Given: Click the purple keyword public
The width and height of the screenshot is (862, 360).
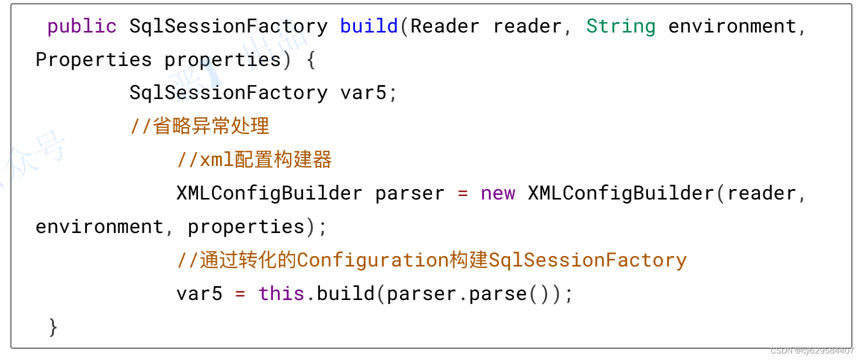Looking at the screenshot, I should (82, 26).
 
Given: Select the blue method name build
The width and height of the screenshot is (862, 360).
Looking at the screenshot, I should (368, 26).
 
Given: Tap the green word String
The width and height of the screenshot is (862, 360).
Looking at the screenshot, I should (620, 26).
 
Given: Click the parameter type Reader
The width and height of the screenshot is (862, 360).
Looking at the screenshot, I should (444, 26).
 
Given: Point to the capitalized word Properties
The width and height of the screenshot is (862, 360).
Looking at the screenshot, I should (93, 60).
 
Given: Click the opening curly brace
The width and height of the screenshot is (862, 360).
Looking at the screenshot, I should (311, 60).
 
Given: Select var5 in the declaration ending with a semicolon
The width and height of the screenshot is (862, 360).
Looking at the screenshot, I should (363, 93).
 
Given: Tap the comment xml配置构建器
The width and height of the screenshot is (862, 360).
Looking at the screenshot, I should (254, 160).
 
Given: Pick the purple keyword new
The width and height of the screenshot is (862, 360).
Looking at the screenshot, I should (497, 193).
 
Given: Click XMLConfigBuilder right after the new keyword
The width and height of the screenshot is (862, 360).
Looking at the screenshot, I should (620, 193).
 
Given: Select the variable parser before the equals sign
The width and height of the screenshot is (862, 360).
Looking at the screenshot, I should (409, 193).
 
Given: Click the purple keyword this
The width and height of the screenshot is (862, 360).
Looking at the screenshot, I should (281, 294).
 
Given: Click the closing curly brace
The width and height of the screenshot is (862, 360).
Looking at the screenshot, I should (53, 327).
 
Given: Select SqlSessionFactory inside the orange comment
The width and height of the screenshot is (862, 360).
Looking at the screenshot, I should (587, 260).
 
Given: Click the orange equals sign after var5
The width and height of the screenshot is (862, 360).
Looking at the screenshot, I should (240, 294).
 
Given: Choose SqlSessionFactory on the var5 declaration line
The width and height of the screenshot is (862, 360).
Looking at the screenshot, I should (228, 93).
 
